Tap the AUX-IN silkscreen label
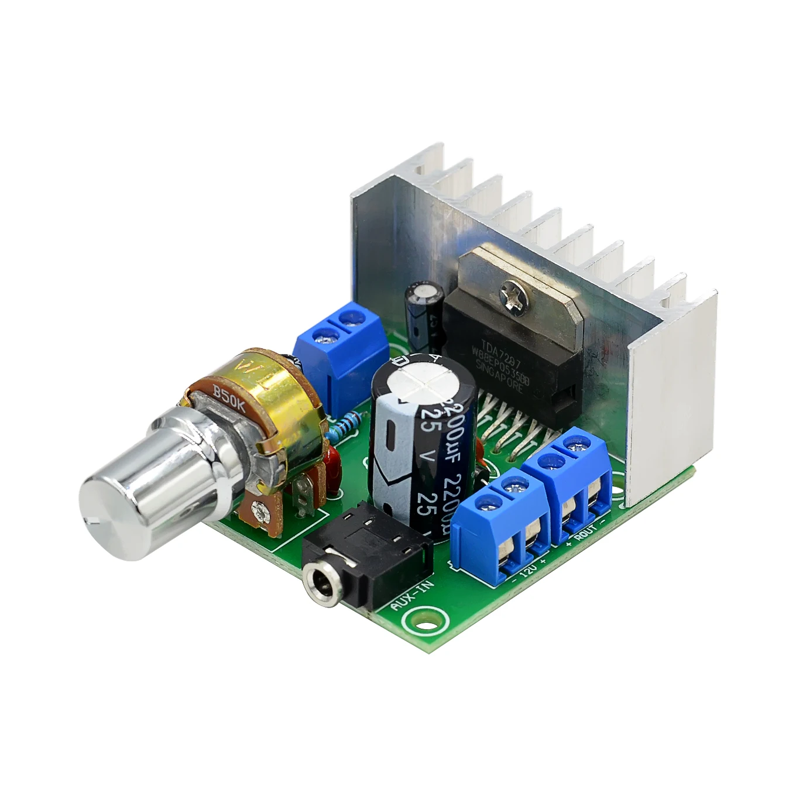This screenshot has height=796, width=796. point(403,595)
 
